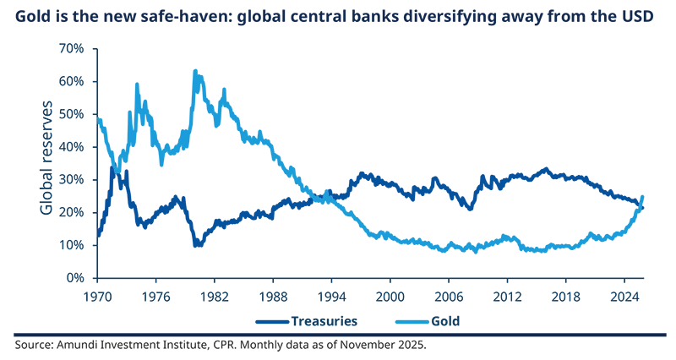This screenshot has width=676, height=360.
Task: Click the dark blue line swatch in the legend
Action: pos(270,321)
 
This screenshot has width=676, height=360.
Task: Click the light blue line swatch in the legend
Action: pos(412,321)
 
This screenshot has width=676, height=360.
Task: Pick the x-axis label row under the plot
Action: pos(372,297)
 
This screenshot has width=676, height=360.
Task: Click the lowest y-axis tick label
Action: pos(76,276)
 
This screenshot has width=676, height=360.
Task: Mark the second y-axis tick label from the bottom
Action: pos(74,241)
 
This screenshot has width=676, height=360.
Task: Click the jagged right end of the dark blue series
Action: pos(644,204)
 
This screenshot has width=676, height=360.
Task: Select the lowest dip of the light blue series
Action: pos(422,251)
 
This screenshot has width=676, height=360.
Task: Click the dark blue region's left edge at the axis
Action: pos(101,211)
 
